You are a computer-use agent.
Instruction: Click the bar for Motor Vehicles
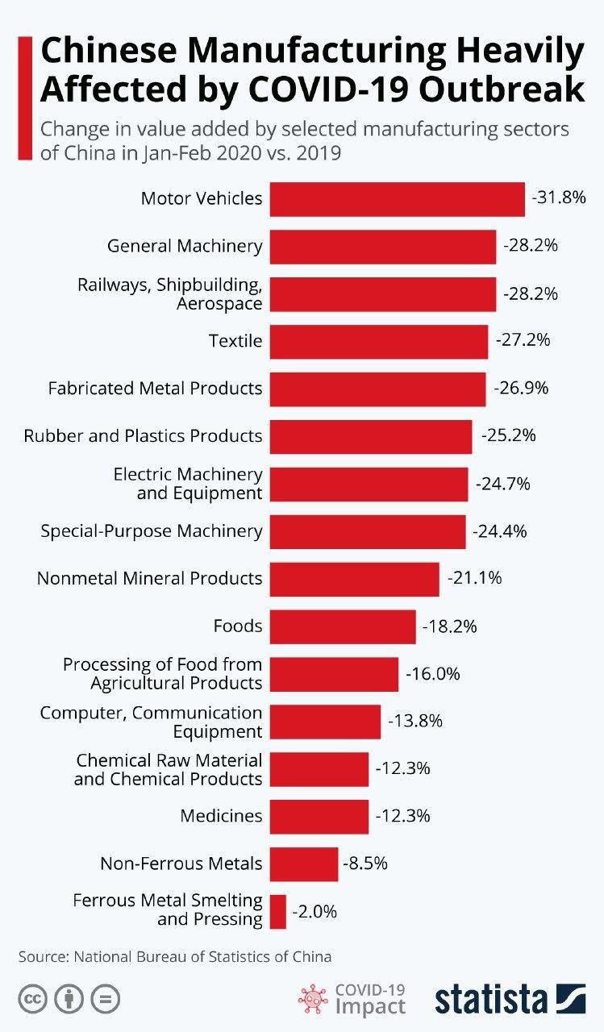point(397,199)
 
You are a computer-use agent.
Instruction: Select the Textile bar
point(378,341)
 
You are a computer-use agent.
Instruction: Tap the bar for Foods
point(342,626)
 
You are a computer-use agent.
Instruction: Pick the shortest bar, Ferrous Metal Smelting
point(277,912)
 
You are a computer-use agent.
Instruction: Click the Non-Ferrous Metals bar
point(303,864)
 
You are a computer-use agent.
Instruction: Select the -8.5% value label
point(365,863)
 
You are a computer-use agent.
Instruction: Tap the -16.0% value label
point(432,673)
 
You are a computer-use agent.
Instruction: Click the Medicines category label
point(221,816)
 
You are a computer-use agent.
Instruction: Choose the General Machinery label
point(185,247)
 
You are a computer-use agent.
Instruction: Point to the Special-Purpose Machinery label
point(151,531)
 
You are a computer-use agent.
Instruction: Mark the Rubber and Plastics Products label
point(143,436)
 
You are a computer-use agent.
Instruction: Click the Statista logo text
point(491,999)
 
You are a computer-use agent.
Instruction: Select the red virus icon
point(314,1000)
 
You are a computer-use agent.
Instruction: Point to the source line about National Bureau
point(174,957)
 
